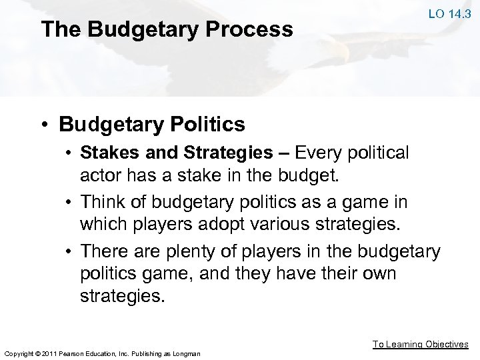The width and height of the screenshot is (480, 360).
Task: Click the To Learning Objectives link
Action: (420, 344)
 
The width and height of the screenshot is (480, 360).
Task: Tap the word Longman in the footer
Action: (186, 353)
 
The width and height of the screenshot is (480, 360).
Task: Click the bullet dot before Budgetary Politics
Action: (44, 125)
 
